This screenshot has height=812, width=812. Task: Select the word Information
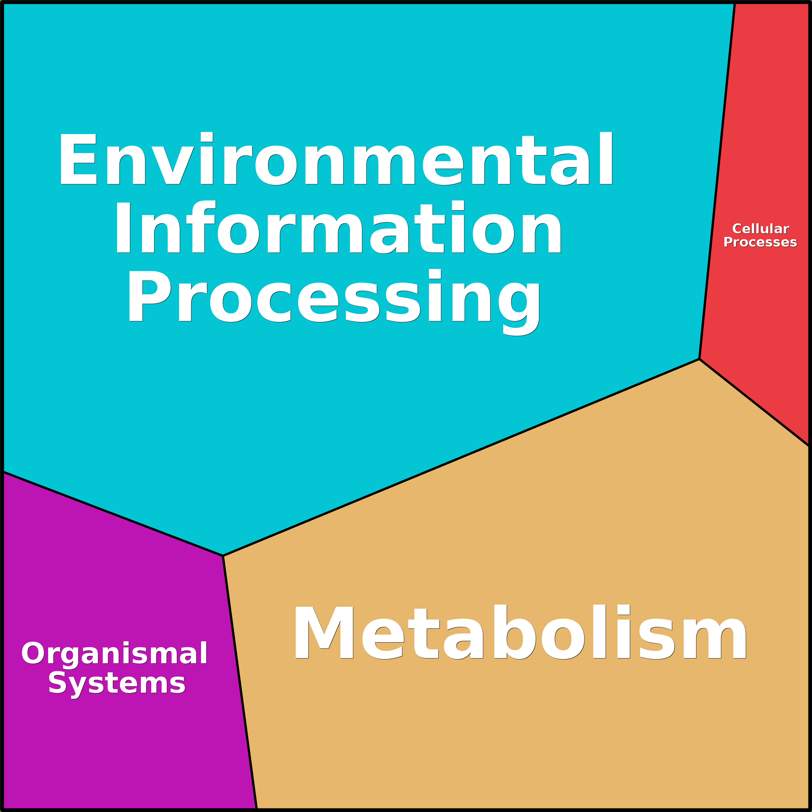click(338, 228)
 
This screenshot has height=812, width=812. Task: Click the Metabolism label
click(520, 633)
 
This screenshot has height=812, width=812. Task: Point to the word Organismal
click(114, 654)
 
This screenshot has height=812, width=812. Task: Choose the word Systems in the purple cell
click(117, 683)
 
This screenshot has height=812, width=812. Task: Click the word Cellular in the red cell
click(760, 229)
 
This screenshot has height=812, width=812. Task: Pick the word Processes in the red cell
click(760, 242)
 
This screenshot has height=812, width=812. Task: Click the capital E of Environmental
click(79, 159)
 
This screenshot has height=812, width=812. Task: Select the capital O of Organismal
click(33, 654)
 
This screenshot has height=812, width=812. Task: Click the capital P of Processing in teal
click(149, 296)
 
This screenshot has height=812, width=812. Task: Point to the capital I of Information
click(123, 228)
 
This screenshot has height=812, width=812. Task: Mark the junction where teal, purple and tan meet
click(223, 556)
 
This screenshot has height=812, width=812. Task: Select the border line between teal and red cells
click(717, 181)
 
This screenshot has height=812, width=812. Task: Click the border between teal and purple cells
click(112, 514)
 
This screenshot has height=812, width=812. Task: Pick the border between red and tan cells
click(754, 403)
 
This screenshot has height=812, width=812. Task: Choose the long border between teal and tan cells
click(461, 458)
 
